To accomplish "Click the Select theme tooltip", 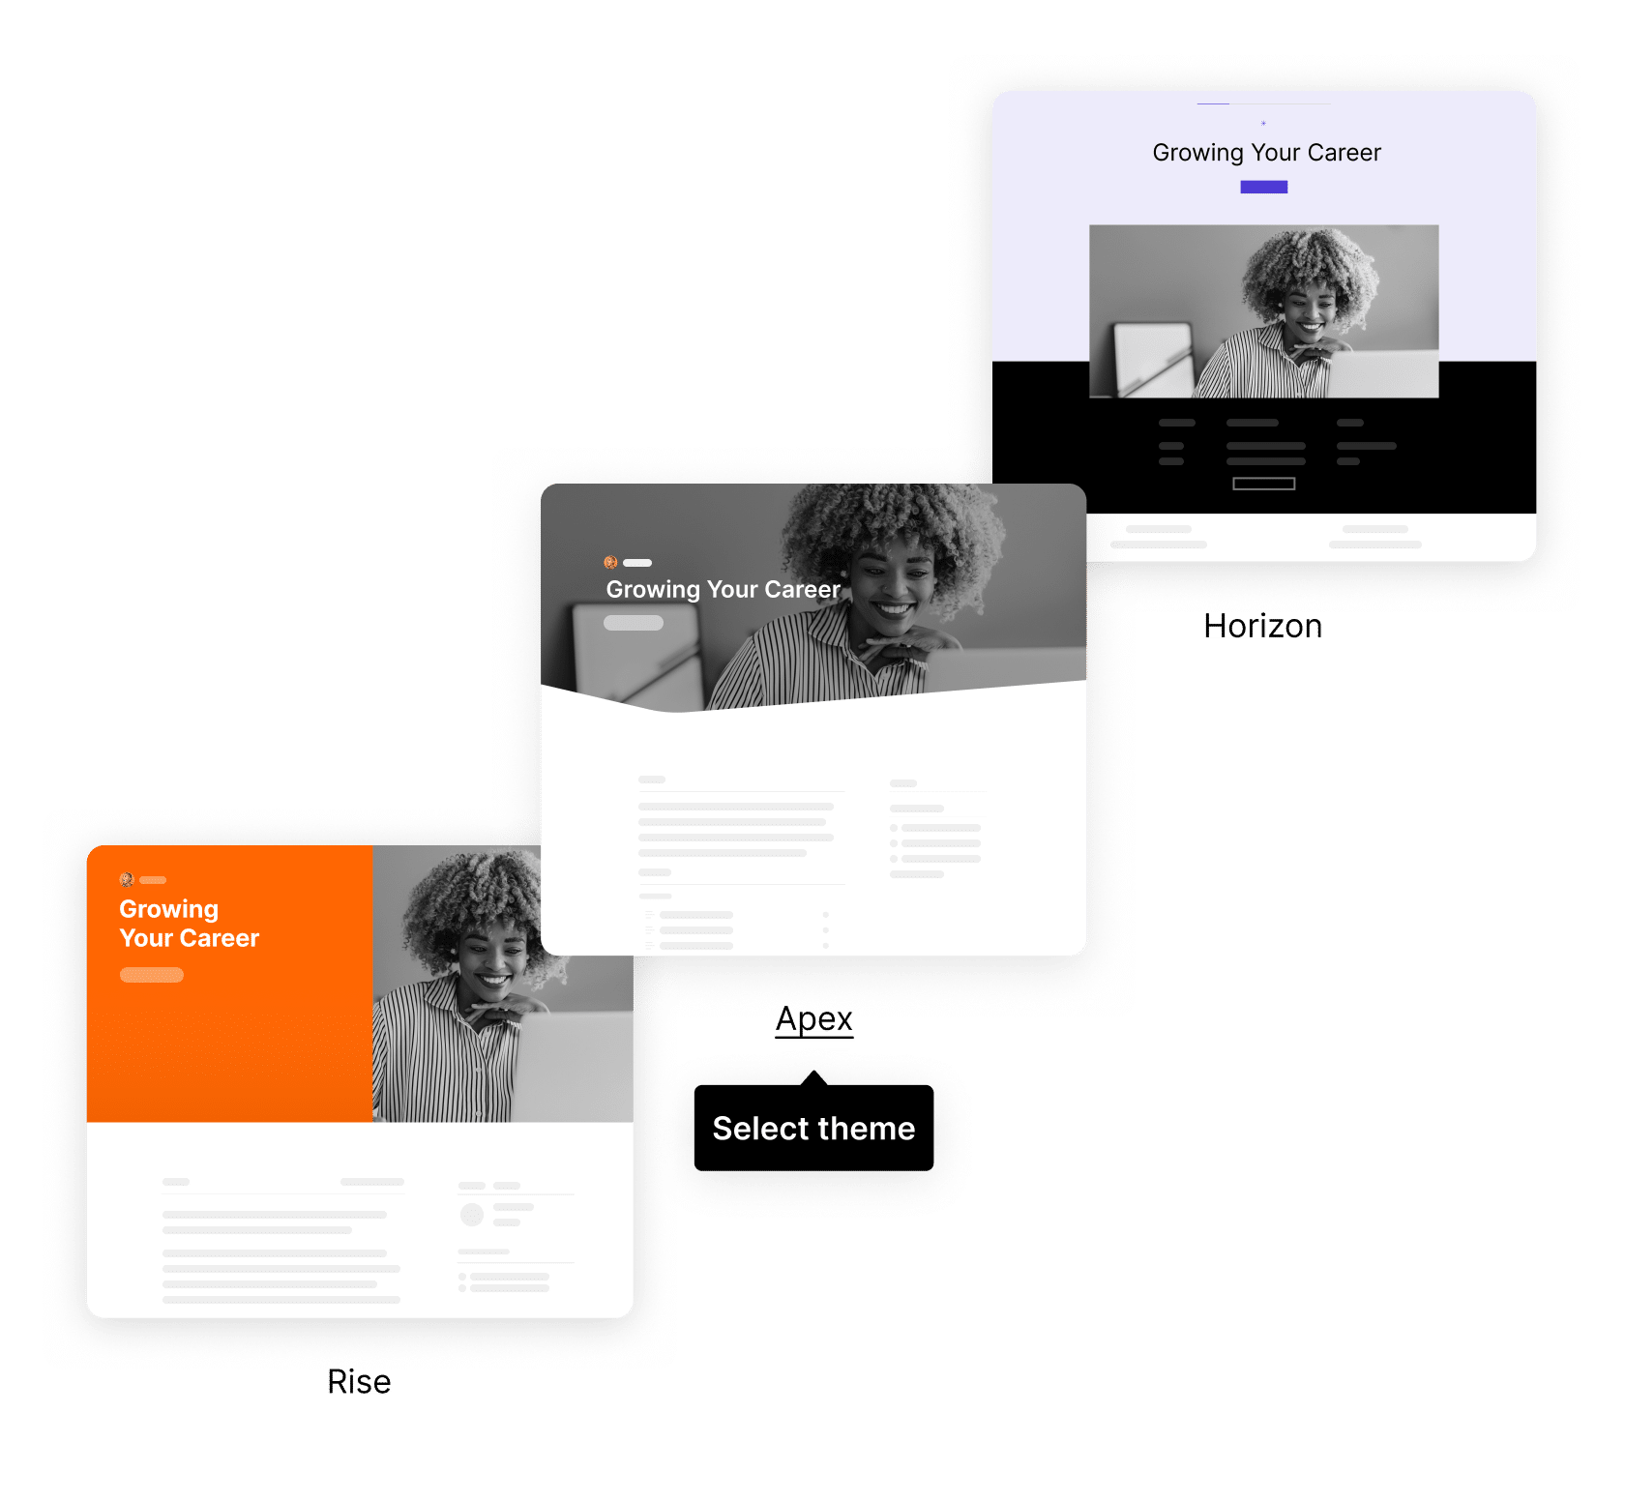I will coord(813,1128).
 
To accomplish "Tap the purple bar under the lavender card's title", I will coord(1263,187).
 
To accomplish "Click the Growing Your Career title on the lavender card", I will coord(1266,153).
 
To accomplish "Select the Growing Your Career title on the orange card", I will coord(189,924).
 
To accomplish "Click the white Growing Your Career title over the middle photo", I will coord(723,589).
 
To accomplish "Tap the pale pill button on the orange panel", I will coord(152,975).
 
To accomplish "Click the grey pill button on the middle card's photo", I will coord(634,623).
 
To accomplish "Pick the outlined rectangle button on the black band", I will coord(1263,484).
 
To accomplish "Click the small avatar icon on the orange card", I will coord(126,879).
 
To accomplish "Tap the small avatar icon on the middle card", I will coord(610,562).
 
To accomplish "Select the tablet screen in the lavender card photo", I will coord(1151,358).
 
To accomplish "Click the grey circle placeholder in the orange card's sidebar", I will coord(472,1214).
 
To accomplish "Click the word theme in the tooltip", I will coord(866,1128).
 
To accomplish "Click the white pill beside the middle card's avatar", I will coord(637,562).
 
